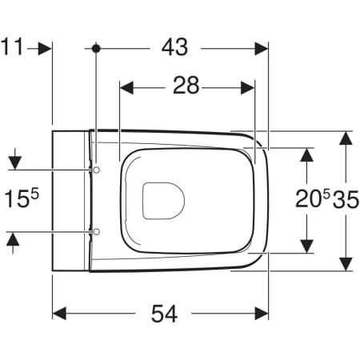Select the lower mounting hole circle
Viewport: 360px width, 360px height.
pos(96,231)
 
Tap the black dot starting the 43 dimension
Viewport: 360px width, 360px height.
pos(95,48)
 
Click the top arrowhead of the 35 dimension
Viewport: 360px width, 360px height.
pos(344,137)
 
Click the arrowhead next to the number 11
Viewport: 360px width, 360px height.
pos(46,48)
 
